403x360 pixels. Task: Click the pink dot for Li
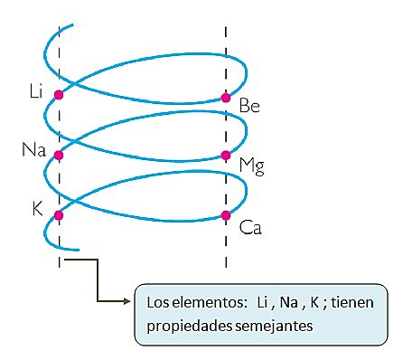pyautogui.click(x=59, y=94)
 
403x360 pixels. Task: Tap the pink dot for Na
pyautogui.click(x=59, y=155)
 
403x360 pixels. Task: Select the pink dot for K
pyautogui.click(x=59, y=215)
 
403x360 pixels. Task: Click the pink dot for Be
pyautogui.click(x=226, y=98)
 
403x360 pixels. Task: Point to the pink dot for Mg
pyautogui.click(x=226, y=155)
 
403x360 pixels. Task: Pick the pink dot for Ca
pyautogui.click(x=226, y=215)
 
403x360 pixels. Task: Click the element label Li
pyautogui.click(x=36, y=90)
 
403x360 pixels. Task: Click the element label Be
pyautogui.click(x=250, y=108)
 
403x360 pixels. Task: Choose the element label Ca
pyautogui.click(x=250, y=229)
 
